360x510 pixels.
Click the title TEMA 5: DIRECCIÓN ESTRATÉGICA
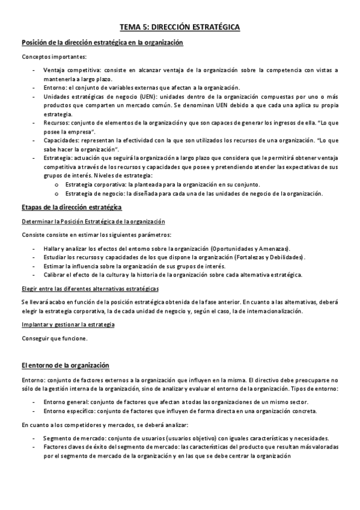tap(180, 27)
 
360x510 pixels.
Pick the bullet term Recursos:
tap(56, 123)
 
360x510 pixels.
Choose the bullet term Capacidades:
tap(61, 140)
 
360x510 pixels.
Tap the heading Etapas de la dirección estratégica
tap(72, 207)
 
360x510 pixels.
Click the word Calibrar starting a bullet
tap(55, 274)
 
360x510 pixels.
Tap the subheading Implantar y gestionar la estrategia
tap(68, 325)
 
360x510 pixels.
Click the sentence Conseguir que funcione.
tap(54, 338)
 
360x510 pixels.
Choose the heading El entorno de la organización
tap(65, 365)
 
